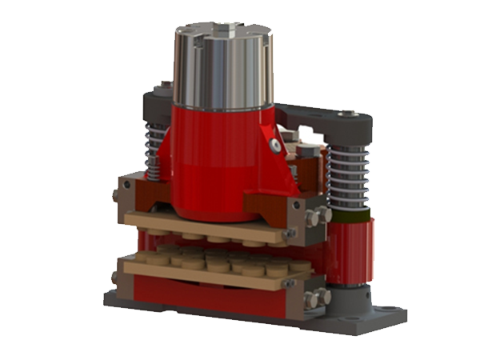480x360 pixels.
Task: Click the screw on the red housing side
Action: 275,146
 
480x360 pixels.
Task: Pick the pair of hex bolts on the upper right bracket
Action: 318,216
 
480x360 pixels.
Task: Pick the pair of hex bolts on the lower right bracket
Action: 317,298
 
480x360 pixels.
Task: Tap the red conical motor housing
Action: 220,160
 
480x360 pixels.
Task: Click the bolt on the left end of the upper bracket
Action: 117,194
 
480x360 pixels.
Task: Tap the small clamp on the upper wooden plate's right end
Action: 290,234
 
